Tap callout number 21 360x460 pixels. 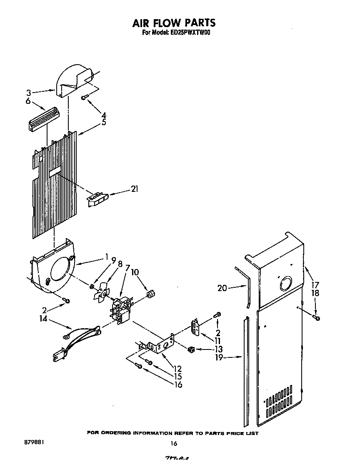(x=134, y=189)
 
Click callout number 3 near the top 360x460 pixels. (x=28, y=93)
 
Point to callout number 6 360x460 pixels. (x=28, y=101)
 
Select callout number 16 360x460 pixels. (x=178, y=384)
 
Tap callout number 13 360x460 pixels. (x=218, y=349)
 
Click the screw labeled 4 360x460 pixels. (x=85, y=97)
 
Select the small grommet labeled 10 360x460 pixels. (x=150, y=296)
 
